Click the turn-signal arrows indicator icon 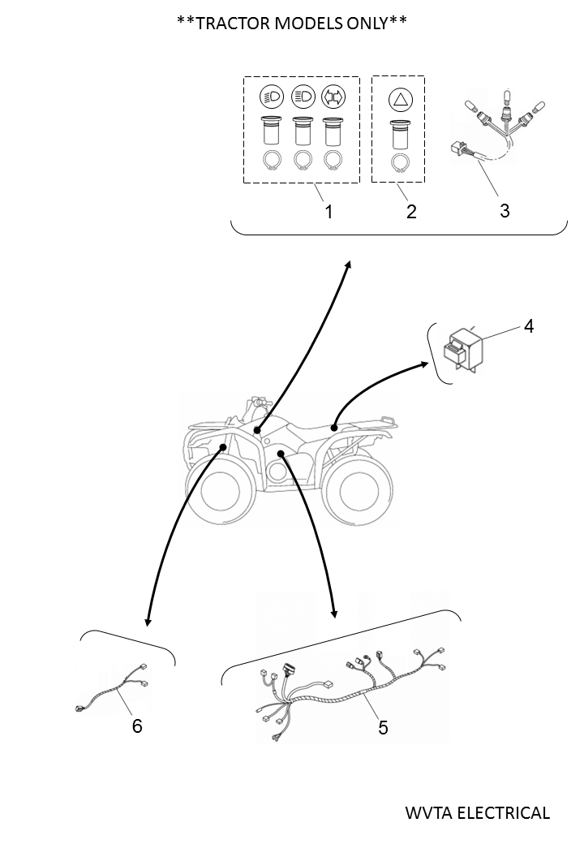(x=333, y=97)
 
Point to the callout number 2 (x=411, y=212)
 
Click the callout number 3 (x=505, y=210)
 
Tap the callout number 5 (x=383, y=727)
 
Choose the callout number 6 (x=137, y=726)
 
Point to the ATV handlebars (x=259, y=403)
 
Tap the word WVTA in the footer (x=426, y=812)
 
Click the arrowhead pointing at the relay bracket (x=445, y=364)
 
